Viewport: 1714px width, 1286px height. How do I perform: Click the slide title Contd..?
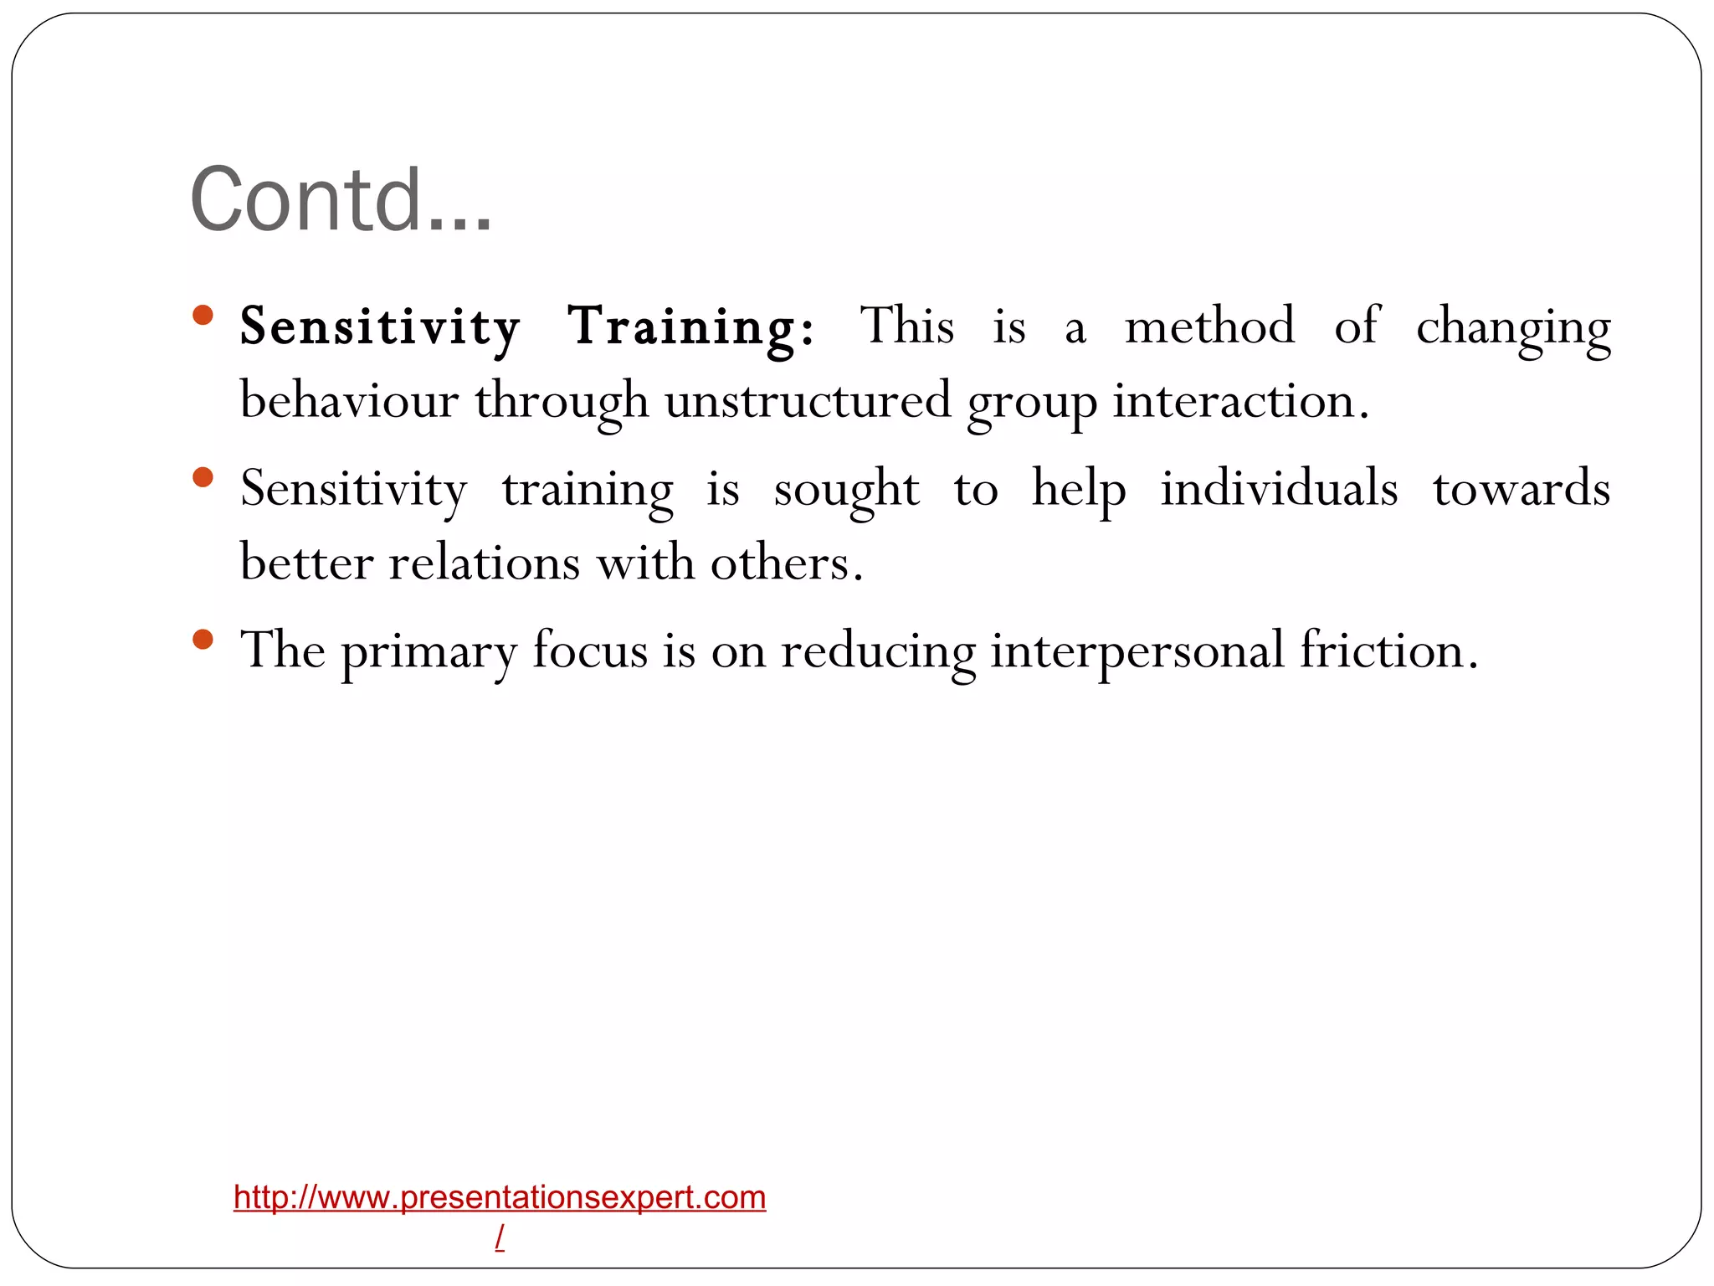341,200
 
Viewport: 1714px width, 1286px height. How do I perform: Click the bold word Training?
690,327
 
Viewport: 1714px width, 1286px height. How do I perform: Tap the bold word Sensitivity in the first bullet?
380,327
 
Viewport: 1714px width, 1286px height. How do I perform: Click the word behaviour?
349,400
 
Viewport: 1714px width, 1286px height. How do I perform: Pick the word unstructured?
808,400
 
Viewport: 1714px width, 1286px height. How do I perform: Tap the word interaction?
1240,400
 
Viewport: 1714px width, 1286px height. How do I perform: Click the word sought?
846,490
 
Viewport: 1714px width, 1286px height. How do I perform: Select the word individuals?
1279,488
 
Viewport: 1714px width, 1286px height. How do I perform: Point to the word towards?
1522,489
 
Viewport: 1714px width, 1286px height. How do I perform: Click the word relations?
484,563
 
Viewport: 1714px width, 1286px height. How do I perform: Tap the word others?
786,563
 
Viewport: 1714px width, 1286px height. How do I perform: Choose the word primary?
428,651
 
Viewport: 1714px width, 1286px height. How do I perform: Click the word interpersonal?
1137,651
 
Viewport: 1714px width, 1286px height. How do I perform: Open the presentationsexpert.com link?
500,1197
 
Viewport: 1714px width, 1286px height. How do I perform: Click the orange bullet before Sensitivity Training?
203,316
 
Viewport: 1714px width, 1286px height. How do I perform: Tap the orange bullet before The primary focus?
203,640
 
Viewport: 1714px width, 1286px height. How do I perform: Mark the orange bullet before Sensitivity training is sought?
203,478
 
